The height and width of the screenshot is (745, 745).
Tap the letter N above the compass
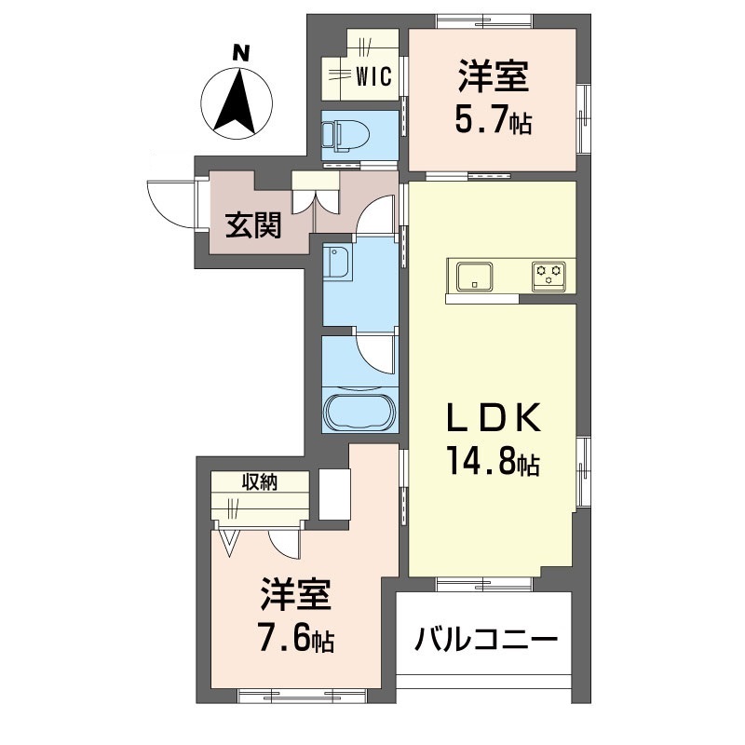[x=241, y=52]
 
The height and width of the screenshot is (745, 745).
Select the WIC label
[x=374, y=76]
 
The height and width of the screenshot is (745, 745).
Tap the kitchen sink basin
[x=474, y=277]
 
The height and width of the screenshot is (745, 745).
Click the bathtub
[x=359, y=411]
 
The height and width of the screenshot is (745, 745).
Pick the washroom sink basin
[x=336, y=263]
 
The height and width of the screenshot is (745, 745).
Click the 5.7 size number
[x=481, y=121]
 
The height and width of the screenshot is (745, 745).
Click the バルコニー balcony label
[x=485, y=639]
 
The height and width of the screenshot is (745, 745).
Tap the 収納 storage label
[x=260, y=482]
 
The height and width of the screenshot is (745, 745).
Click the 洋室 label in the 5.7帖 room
[x=494, y=76]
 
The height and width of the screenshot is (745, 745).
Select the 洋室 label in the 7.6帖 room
[x=294, y=593]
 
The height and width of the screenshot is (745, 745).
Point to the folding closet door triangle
[x=229, y=542]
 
